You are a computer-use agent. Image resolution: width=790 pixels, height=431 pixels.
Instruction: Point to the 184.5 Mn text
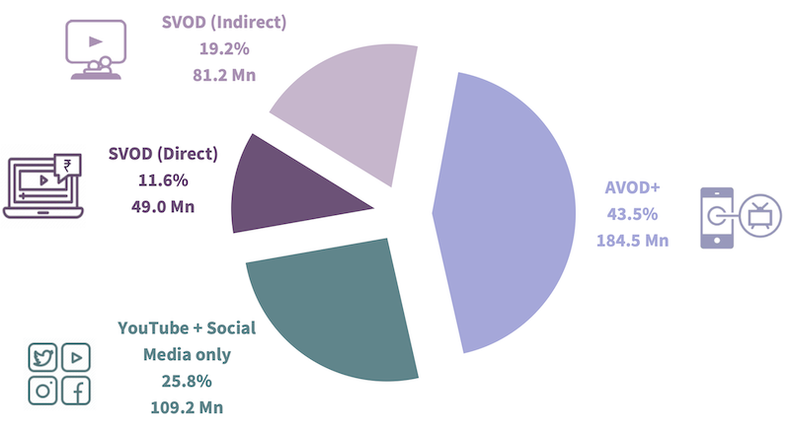[633, 240]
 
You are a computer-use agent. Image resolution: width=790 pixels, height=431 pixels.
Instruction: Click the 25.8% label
[187, 380]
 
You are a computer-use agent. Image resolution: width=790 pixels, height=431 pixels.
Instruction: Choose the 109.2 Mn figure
[187, 404]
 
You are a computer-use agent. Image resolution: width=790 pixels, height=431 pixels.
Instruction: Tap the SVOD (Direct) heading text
[163, 156]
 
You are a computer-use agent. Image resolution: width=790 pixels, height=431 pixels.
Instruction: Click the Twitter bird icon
[43, 357]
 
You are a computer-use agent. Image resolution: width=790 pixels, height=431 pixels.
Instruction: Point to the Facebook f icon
[75, 391]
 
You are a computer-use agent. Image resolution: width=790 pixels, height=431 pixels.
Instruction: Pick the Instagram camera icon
[43, 391]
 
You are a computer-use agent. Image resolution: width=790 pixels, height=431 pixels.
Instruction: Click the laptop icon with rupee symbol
[44, 184]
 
